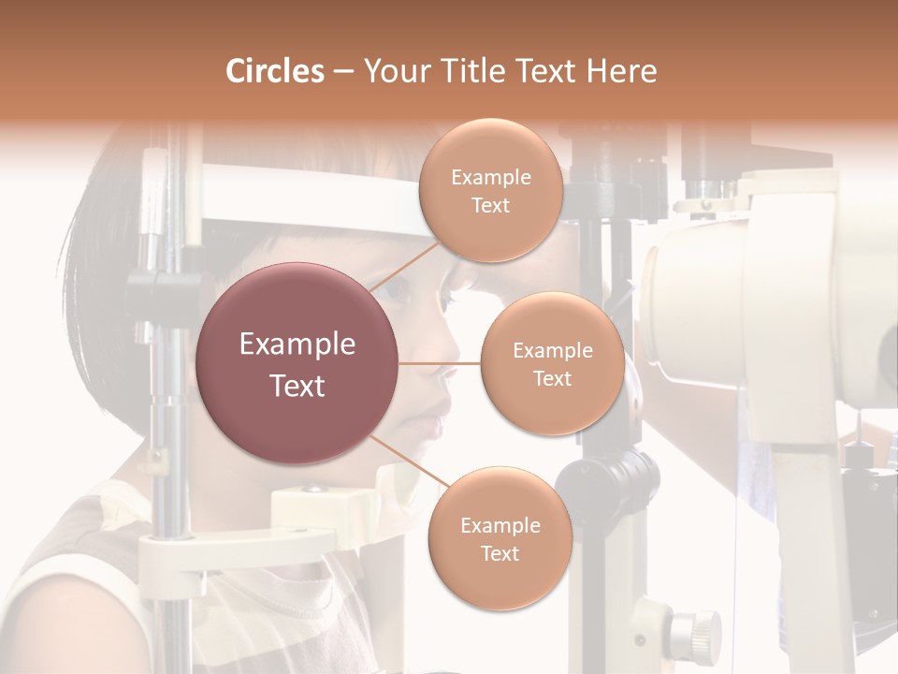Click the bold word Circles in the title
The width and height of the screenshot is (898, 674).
275,71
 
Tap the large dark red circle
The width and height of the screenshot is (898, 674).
297,363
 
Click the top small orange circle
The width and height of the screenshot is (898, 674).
490,191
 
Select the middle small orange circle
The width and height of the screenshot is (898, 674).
552,364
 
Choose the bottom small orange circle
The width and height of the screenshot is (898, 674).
499,538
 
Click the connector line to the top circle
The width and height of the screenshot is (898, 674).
404,266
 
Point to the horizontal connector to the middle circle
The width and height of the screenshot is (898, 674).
440,363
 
